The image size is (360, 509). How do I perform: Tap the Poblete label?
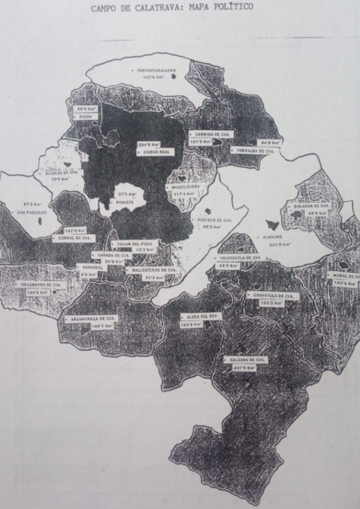tap(125, 203)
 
